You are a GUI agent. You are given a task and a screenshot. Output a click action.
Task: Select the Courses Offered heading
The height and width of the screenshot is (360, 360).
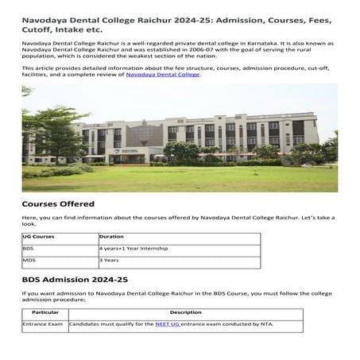[x=58, y=205]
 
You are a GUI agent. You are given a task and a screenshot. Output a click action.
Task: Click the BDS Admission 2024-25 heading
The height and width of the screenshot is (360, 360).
[x=75, y=281]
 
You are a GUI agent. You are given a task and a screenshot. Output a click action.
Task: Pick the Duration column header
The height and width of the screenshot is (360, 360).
[x=111, y=237]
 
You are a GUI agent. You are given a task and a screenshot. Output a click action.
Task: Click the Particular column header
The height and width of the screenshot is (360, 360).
[x=45, y=312]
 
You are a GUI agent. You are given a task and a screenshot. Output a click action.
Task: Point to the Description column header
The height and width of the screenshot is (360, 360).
[x=185, y=312]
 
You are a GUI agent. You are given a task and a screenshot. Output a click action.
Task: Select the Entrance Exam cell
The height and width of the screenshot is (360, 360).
[x=43, y=325]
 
